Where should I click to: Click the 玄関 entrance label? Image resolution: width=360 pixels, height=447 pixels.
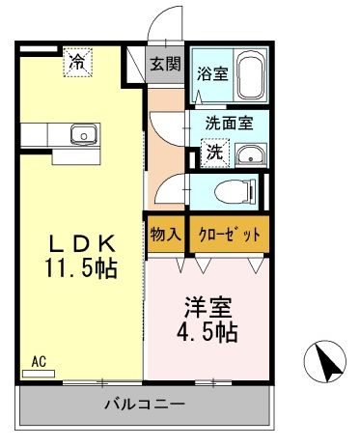[164, 65]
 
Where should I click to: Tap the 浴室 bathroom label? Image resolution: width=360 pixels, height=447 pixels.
[211, 71]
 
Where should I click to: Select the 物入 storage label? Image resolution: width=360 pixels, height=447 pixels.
[164, 233]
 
